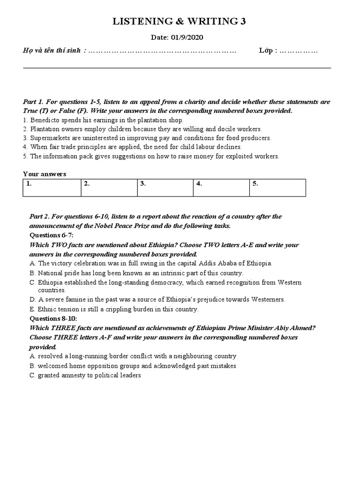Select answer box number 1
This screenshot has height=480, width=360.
[52, 187]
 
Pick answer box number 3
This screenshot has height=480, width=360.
[165, 187]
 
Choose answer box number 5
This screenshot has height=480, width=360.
[277, 187]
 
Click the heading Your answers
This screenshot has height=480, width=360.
[45, 174]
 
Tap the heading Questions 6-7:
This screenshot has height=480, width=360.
[52, 235]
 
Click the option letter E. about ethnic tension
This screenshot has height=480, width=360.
[32, 309]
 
